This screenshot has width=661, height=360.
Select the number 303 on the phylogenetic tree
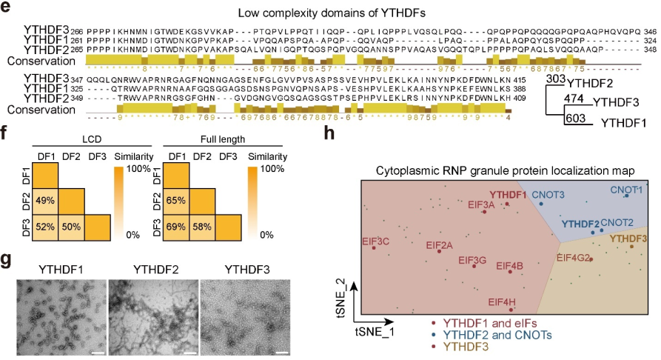(555, 79)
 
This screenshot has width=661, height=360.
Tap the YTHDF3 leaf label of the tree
(617, 104)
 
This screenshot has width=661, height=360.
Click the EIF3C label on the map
(375, 241)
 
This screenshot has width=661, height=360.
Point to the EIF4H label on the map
(503, 301)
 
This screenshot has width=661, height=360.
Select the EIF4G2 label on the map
(573, 259)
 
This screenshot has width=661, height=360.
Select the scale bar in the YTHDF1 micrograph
(96, 342)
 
